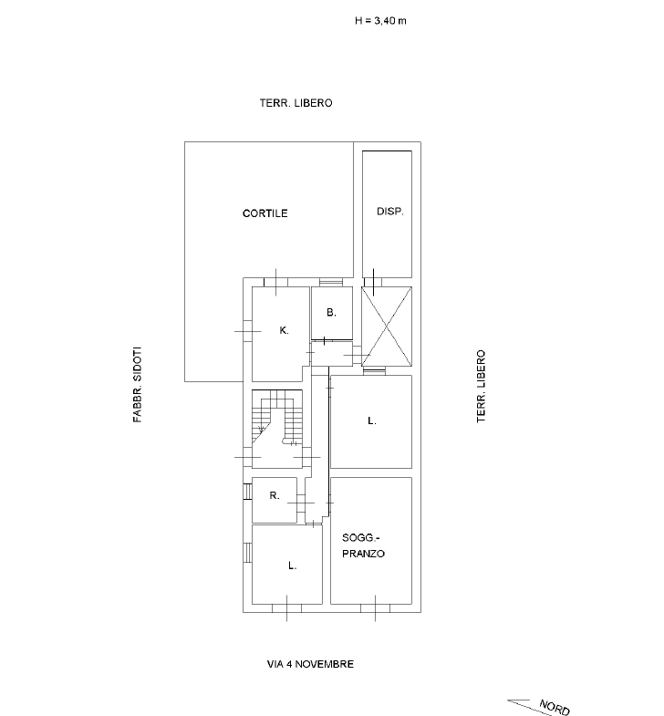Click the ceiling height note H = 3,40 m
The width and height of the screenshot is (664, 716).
click(x=380, y=21)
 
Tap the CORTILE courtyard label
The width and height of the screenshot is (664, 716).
click(x=265, y=213)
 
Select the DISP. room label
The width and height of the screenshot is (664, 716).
click(x=390, y=212)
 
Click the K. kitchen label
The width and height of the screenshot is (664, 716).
click(x=284, y=330)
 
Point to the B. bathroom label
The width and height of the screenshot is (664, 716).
click(x=331, y=313)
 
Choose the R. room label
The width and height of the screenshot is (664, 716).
click(x=275, y=495)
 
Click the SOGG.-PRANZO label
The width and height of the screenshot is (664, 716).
click(x=364, y=545)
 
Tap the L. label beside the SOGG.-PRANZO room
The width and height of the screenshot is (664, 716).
click(x=292, y=566)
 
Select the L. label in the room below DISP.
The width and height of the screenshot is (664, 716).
click(x=372, y=421)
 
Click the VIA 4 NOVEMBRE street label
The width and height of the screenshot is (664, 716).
click(x=310, y=664)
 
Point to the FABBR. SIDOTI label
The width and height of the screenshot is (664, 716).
click(x=138, y=385)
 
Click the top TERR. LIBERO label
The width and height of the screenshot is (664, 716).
click(x=296, y=103)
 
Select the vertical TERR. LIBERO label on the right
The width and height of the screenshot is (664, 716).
click(x=482, y=387)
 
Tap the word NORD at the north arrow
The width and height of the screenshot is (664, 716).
click(x=555, y=707)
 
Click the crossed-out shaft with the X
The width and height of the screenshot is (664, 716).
click(x=387, y=327)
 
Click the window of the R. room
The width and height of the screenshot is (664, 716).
click(x=247, y=492)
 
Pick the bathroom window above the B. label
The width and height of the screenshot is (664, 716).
click(x=330, y=282)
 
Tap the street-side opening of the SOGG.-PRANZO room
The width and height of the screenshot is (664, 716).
click(x=375, y=607)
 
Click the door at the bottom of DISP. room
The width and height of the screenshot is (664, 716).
click(x=373, y=282)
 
